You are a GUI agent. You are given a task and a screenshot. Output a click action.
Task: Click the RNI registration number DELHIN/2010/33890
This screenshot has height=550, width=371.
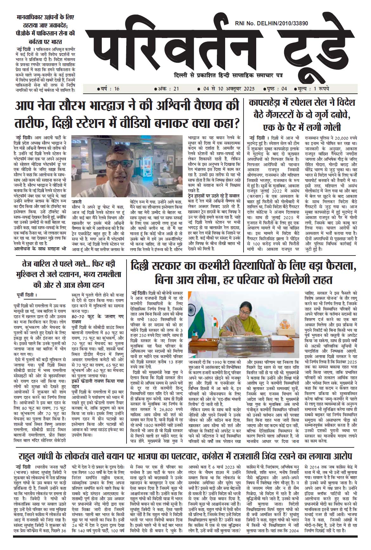pyautogui.click(x=272, y=23)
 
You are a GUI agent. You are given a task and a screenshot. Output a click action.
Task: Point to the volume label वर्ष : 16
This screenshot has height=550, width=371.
pyautogui.click(x=108, y=89)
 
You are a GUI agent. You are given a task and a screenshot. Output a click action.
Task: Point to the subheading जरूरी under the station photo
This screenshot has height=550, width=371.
pyautogui.click(x=76, y=202)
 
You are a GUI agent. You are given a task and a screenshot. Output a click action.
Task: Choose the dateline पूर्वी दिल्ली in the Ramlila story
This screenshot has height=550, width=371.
pyautogui.click(x=27, y=296)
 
